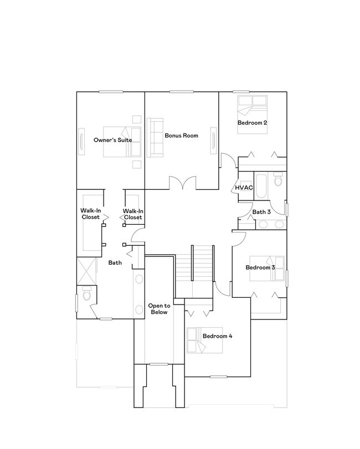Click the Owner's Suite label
109,140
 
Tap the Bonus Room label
181,135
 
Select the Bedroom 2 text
253,122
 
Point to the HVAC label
244,187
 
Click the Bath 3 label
261,211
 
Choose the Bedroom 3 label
260,268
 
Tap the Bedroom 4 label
217,336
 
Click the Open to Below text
159,309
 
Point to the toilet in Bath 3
278,180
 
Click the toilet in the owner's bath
85,296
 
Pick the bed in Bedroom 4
198,338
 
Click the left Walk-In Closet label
90,214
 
